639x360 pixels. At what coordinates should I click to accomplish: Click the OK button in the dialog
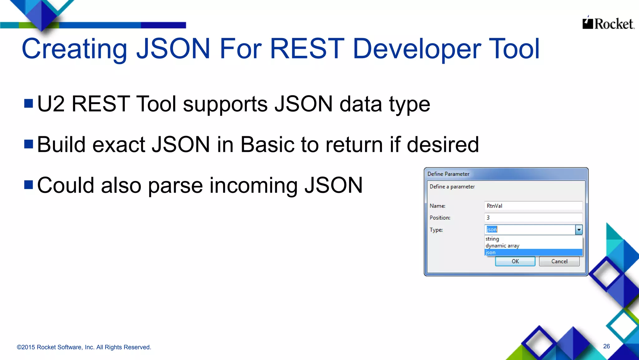coord(515,261)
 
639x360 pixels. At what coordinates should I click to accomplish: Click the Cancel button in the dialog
coord(559,261)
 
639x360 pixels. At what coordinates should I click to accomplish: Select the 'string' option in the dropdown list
coord(492,239)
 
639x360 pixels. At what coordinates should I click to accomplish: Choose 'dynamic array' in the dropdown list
coord(502,246)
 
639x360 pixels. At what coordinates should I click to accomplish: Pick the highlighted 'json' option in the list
coord(491,252)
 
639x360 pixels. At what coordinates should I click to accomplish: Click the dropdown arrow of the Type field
coord(579,230)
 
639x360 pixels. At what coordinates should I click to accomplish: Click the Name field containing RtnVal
coord(533,206)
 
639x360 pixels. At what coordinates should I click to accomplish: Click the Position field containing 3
coord(533,217)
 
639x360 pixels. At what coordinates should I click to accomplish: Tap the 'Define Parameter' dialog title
coord(448,174)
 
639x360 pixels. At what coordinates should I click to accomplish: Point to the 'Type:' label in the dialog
coord(436,230)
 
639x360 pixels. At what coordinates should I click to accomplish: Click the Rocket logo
coord(608,23)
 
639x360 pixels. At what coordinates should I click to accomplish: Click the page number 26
coord(606,346)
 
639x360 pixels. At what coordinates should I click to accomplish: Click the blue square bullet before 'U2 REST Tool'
coord(29,103)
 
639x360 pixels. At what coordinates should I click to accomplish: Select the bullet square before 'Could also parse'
coord(29,185)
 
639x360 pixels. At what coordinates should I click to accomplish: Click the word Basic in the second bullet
coord(267,144)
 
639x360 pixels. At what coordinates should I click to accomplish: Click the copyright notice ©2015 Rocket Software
coord(84,347)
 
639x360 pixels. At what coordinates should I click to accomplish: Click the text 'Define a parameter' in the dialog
coord(452,187)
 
